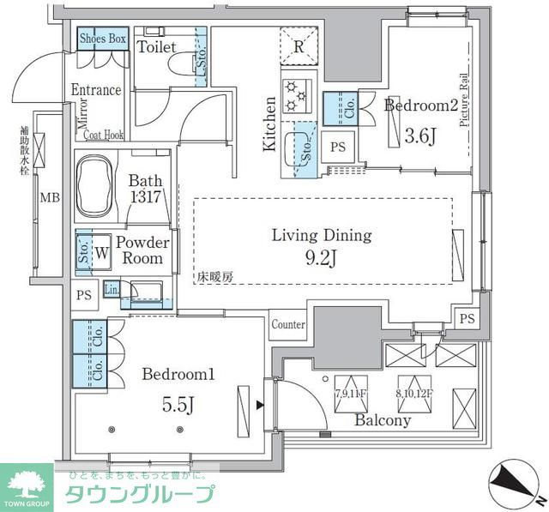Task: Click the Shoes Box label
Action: (103, 39)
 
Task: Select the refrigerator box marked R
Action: (297, 47)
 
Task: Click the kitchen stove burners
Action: (297, 95)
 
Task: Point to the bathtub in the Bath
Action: (102, 182)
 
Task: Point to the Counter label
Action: (288, 325)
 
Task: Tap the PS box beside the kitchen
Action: (338, 147)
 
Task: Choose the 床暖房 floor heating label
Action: (214, 277)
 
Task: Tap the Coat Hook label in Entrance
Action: (104, 134)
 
